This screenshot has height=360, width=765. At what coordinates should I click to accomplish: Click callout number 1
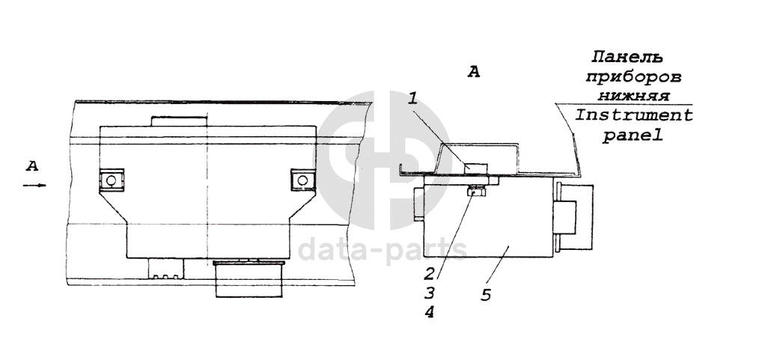point(412,100)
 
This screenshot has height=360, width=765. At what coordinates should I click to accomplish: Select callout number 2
point(429,272)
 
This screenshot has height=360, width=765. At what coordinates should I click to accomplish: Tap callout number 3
point(430,293)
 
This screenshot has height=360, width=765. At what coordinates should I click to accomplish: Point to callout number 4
point(429,312)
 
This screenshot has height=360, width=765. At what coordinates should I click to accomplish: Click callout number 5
point(486,295)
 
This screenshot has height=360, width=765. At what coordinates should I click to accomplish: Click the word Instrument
point(634,115)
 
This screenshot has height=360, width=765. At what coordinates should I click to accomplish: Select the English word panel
point(633,135)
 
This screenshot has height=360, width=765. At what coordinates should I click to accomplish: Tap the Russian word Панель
point(627,57)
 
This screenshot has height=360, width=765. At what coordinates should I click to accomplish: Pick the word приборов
point(633,78)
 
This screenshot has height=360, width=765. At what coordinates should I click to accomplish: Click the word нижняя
point(633,96)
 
